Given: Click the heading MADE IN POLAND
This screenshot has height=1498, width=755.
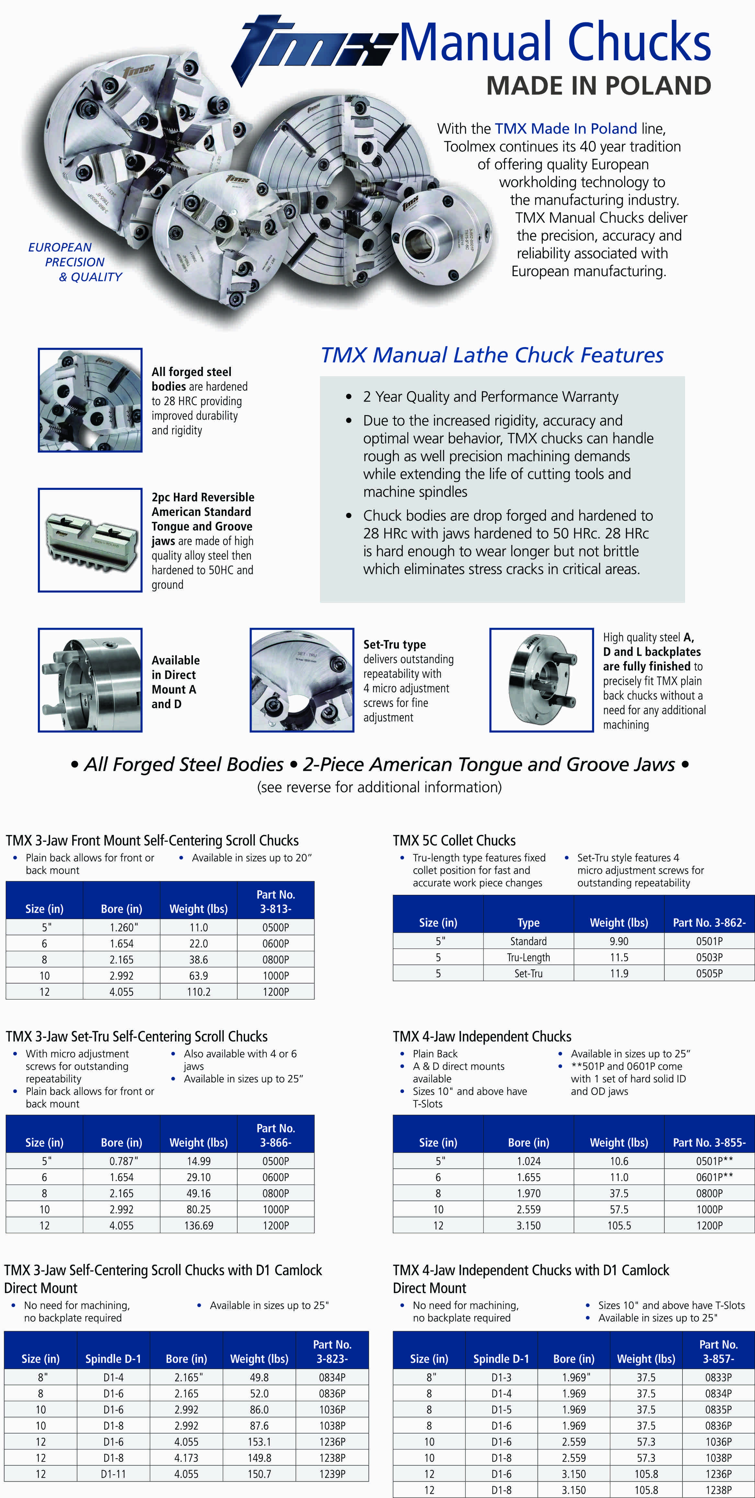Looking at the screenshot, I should click(599, 86).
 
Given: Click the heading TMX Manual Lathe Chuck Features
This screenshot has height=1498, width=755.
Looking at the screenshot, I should click(492, 355).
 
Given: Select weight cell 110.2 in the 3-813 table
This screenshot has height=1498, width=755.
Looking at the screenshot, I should click(198, 992).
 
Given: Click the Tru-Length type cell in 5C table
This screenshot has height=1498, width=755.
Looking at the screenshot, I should click(528, 957).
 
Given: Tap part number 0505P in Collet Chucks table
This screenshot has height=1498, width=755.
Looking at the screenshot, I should click(709, 974).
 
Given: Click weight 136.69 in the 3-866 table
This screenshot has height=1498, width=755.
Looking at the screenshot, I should click(198, 1225).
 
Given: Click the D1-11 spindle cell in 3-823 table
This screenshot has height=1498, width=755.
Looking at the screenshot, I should click(113, 1474).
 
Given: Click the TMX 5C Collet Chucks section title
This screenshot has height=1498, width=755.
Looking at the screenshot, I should click(454, 840).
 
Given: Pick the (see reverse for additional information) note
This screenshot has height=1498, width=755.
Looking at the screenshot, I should click(379, 787).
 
